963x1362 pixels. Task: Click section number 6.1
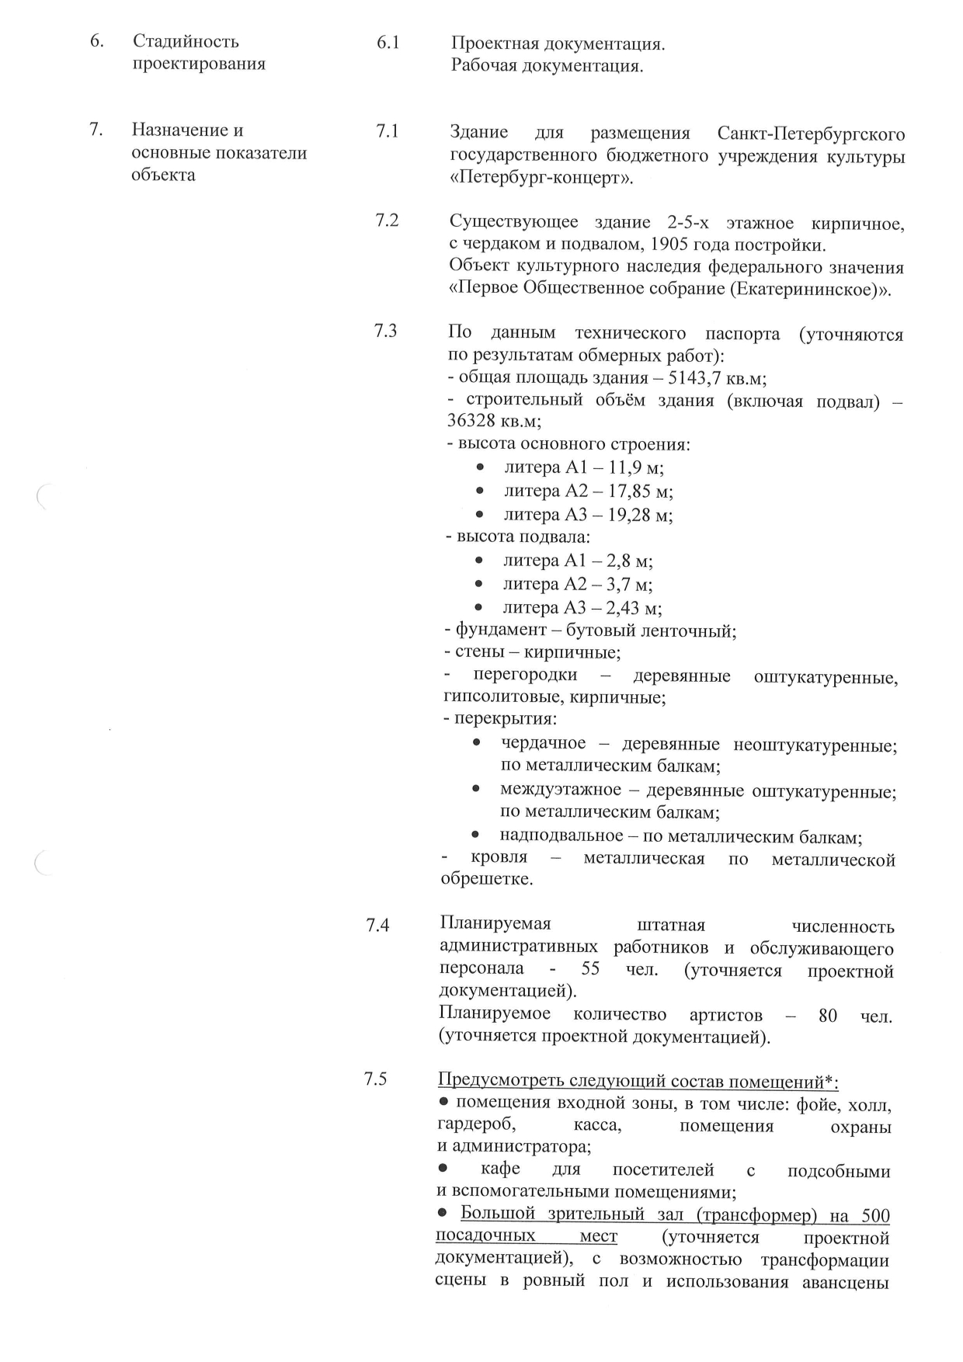388,43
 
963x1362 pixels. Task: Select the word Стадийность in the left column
186,41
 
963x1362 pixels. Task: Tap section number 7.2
386,221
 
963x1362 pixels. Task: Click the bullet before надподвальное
476,836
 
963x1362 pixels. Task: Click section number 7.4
377,925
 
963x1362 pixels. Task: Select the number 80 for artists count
828,1015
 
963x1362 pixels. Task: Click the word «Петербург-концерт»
541,179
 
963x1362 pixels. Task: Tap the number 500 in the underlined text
874,1214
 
